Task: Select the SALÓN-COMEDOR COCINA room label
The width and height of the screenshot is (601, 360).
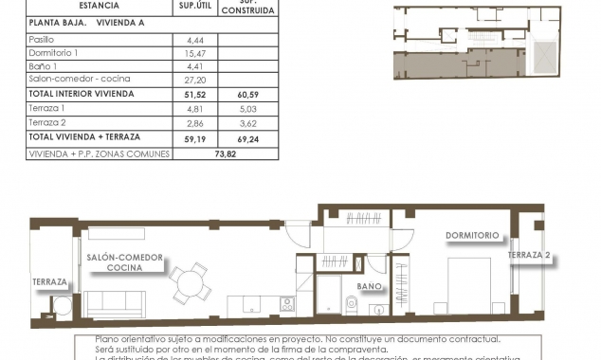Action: click(125, 262)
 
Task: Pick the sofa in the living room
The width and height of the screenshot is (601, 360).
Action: click(113, 303)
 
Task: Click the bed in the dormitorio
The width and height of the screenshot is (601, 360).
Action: click(470, 283)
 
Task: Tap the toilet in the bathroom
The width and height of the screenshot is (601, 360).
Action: click(352, 304)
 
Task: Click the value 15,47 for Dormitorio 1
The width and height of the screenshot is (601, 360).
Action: click(184, 53)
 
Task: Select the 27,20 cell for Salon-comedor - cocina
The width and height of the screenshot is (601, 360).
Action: click(184, 81)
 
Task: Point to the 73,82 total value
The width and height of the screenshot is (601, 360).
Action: click(225, 153)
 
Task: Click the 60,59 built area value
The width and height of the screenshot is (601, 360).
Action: click(247, 95)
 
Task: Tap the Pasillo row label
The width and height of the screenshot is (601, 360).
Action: click(44, 39)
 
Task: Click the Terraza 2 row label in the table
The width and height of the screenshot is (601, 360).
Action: click(48, 123)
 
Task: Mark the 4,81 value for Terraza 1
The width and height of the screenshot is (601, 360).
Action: click(184, 109)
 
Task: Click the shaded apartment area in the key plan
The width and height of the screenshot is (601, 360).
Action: click(446, 63)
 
